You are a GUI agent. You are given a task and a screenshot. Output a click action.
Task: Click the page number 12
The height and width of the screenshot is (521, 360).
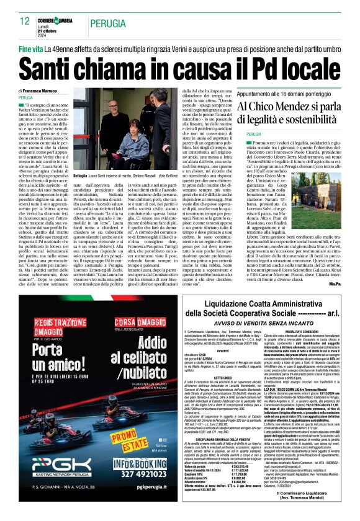pos(24,21)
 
